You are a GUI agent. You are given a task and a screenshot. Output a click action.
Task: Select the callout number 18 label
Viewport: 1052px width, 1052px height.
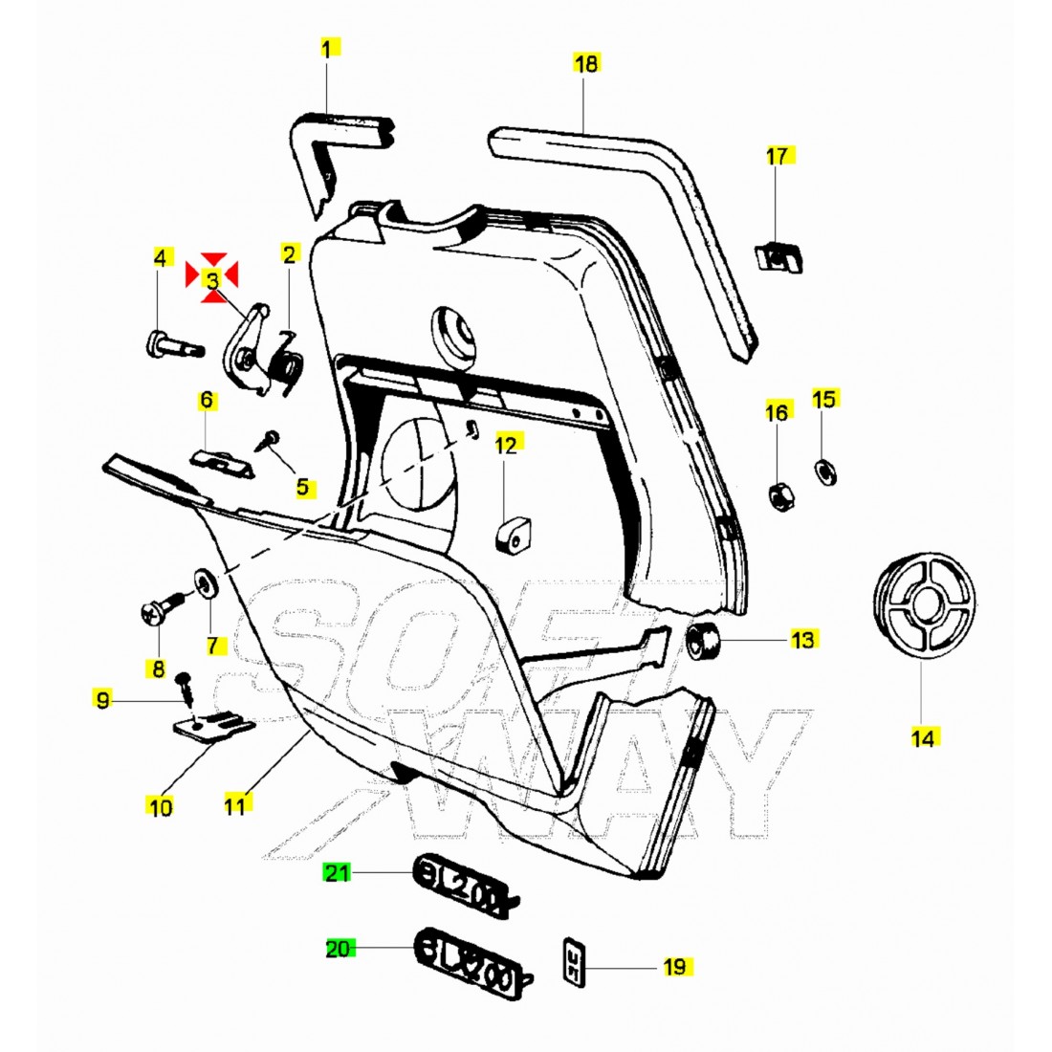[x=585, y=64]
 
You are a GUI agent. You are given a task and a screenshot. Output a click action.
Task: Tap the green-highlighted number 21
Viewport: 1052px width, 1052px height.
[x=337, y=872]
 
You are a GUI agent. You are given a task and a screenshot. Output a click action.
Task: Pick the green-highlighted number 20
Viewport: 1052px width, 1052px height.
[x=339, y=949]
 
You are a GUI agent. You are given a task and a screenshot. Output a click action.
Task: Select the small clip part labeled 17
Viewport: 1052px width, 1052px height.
[x=780, y=255]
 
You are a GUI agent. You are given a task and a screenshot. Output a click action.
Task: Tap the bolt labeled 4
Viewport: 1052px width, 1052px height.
[x=173, y=343]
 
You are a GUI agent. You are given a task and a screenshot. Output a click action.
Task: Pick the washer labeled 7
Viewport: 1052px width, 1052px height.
[x=205, y=584]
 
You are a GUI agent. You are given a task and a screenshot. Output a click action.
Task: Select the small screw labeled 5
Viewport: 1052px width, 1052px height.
[x=269, y=440]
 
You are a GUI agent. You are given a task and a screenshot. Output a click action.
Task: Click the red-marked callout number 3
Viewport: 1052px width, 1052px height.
[x=211, y=278]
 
